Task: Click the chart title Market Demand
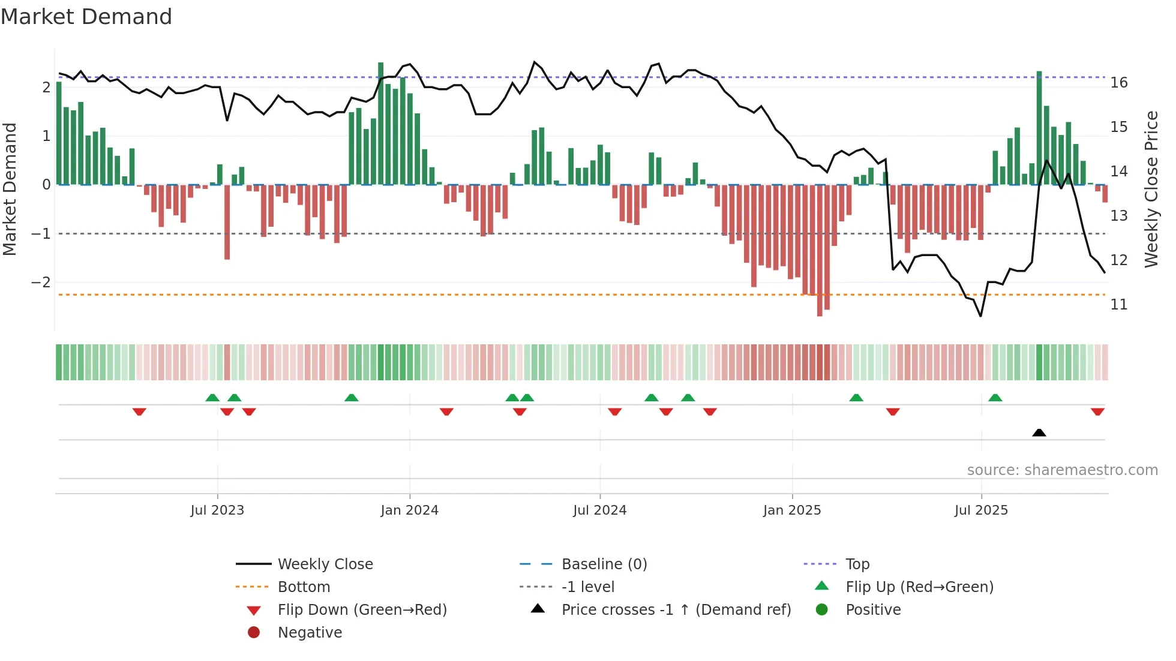tap(86, 17)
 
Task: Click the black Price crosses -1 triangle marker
tap(1039, 432)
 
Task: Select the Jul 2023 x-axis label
tap(217, 510)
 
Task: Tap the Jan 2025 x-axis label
tap(792, 510)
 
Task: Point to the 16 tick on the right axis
tap(1119, 83)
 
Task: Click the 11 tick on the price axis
tap(1119, 305)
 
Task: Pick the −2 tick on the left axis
tap(41, 282)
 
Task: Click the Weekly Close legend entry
tap(325, 564)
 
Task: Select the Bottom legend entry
tap(304, 587)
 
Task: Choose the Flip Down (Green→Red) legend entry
tap(362, 610)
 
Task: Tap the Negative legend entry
tap(310, 633)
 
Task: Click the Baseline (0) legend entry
tap(604, 564)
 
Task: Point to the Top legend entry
tap(857, 564)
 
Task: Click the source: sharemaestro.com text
tap(1062, 470)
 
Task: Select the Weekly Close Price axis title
tap(1151, 189)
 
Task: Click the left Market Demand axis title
tap(10, 189)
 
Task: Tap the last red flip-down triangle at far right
tap(1097, 411)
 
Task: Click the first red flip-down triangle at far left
tap(139, 411)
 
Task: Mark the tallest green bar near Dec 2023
tap(380, 123)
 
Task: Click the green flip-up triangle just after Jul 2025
tap(995, 398)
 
